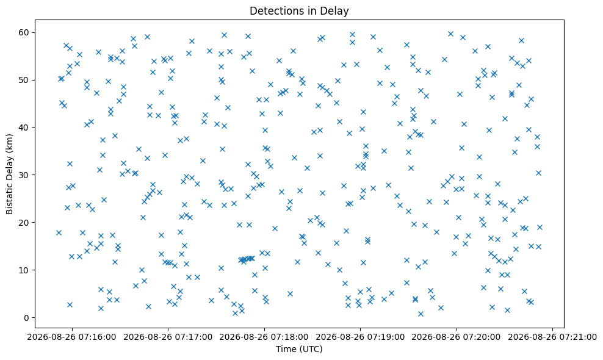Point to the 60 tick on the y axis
24,32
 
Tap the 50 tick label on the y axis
24,80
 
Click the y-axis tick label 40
24,128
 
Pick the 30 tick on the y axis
24,175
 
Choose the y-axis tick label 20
24,223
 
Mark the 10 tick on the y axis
24,270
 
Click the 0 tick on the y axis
27,318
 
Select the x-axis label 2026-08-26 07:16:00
71,337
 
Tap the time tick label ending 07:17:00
168,337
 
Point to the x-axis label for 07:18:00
264,337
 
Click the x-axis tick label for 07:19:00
360,337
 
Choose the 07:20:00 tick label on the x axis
456,337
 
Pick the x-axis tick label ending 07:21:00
552,337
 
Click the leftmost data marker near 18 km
59,232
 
